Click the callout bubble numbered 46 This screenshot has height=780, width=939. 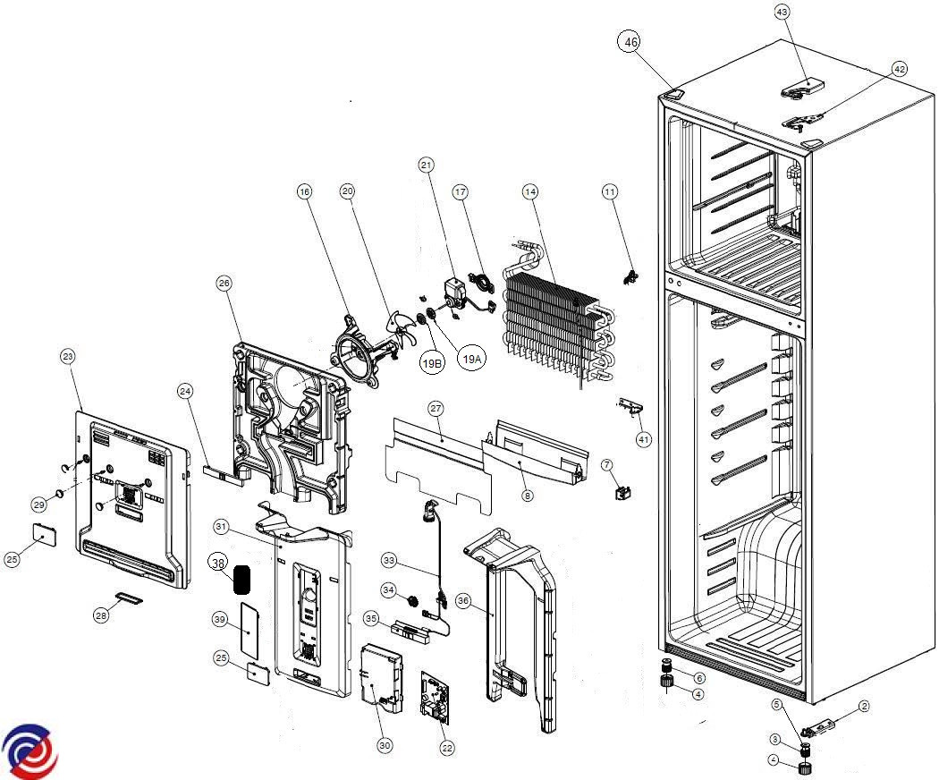pyautogui.click(x=631, y=42)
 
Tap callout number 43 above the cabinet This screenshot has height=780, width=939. pyautogui.click(x=782, y=12)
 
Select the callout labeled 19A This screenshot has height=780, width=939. pyautogui.click(x=471, y=358)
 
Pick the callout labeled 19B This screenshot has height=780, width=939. pyautogui.click(x=433, y=363)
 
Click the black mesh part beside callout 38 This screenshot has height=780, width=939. pyautogui.click(x=241, y=580)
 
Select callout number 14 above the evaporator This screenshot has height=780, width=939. pyautogui.click(x=530, y=191)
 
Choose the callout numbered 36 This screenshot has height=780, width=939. pyautogui.click(x=462, y=600)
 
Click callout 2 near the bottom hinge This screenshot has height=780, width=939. pyautogui.click(x=864, y=707)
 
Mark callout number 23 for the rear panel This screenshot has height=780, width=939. pyautogui.click(x=67, y=356)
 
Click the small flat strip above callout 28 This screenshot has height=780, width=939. pyautogui.click(x=131, y=596)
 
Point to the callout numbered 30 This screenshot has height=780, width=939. pyautogui.click(x=385, y=745)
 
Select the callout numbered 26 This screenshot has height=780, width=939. pyautogui.click(x=224, y=284)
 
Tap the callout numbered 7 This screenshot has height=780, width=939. pyautogui.click(x=606, y=465)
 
